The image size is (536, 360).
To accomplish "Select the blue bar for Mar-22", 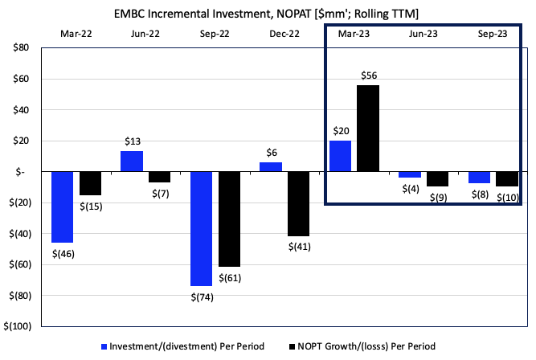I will point(63,207).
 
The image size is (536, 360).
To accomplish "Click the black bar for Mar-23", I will point(368,129).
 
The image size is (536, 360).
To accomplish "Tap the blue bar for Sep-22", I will point(202,228).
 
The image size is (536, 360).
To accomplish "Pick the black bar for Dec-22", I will point(299,203).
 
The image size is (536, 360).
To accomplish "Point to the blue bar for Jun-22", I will point(133,162).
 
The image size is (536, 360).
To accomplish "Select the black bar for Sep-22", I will point(229,219).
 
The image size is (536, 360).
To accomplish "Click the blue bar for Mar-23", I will point(341,156).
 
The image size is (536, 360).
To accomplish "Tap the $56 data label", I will point(368,76).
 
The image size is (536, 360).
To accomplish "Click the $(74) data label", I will point(202,297).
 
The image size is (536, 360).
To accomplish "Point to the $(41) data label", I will point(299,246).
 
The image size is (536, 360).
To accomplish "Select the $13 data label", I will point(133,141).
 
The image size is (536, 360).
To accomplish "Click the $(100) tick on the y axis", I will point(18,326).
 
